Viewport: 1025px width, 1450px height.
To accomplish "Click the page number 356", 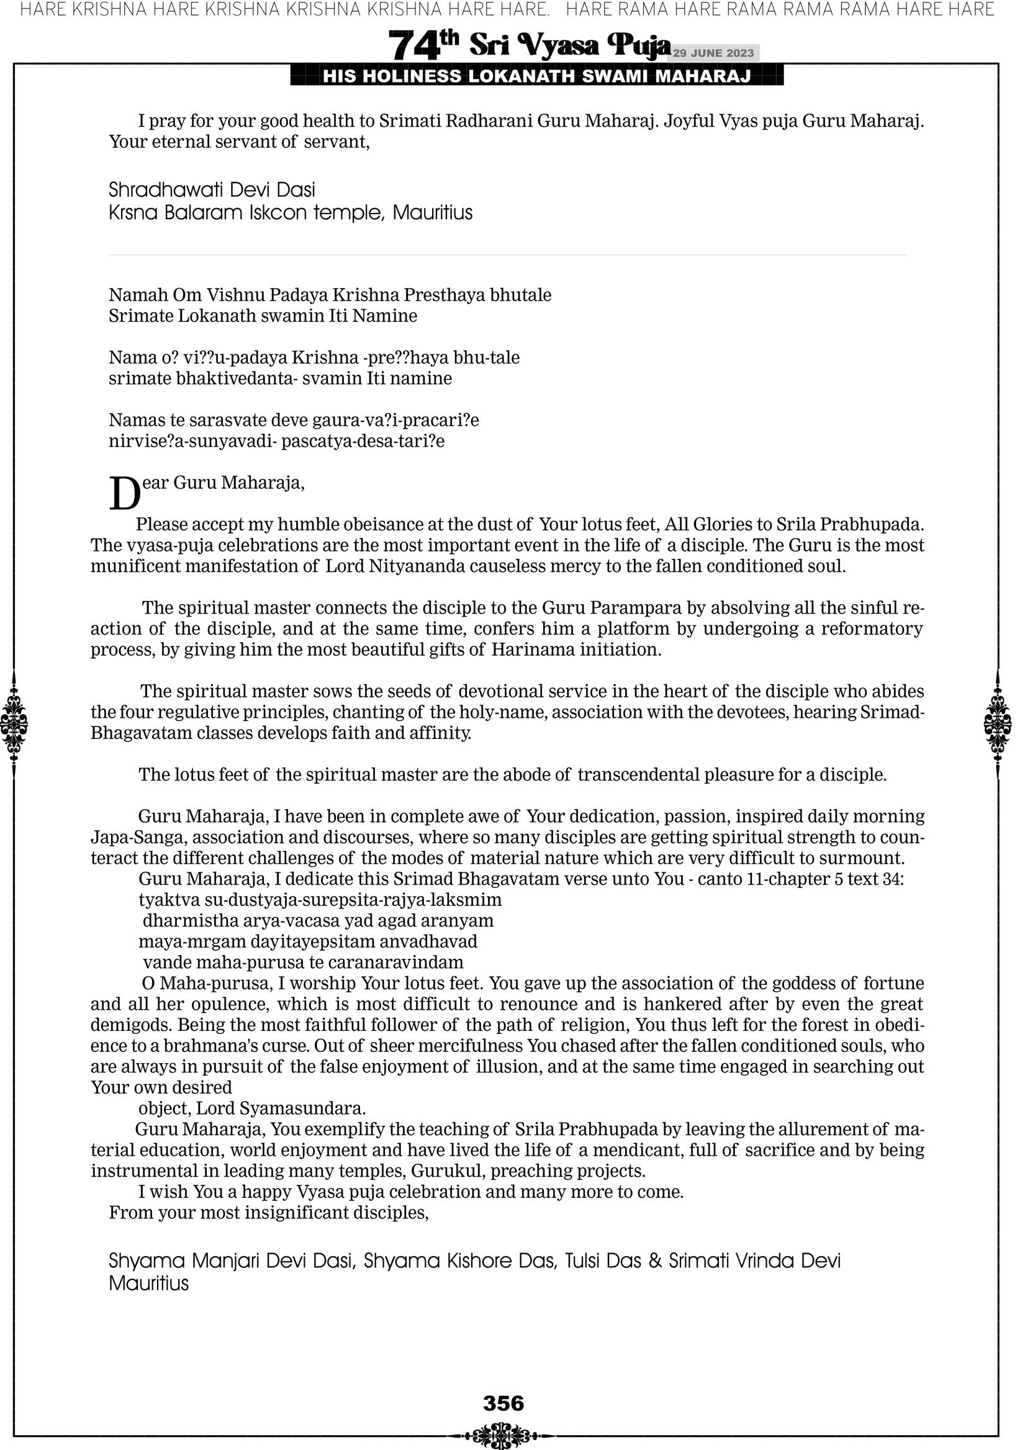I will [x=503, y=1403].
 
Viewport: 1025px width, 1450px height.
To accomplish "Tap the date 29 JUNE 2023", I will [x=713, y=53].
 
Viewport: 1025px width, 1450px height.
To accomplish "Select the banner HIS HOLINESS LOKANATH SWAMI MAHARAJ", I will [x=537, y=76].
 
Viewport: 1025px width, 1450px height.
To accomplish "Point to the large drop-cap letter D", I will [x=124, y=493].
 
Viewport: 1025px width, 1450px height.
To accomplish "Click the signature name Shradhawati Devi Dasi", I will [x=212, y=189].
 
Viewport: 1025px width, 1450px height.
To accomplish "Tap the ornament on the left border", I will [x=14, y=723].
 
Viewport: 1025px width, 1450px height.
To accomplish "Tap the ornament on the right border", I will [x=998, y=723].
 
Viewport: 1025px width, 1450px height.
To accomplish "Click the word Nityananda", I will [x=416, y=566].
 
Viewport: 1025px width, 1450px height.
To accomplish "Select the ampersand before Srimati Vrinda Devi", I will [x=655, y=1261].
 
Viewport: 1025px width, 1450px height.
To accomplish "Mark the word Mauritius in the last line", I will [x=148, y=1284].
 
